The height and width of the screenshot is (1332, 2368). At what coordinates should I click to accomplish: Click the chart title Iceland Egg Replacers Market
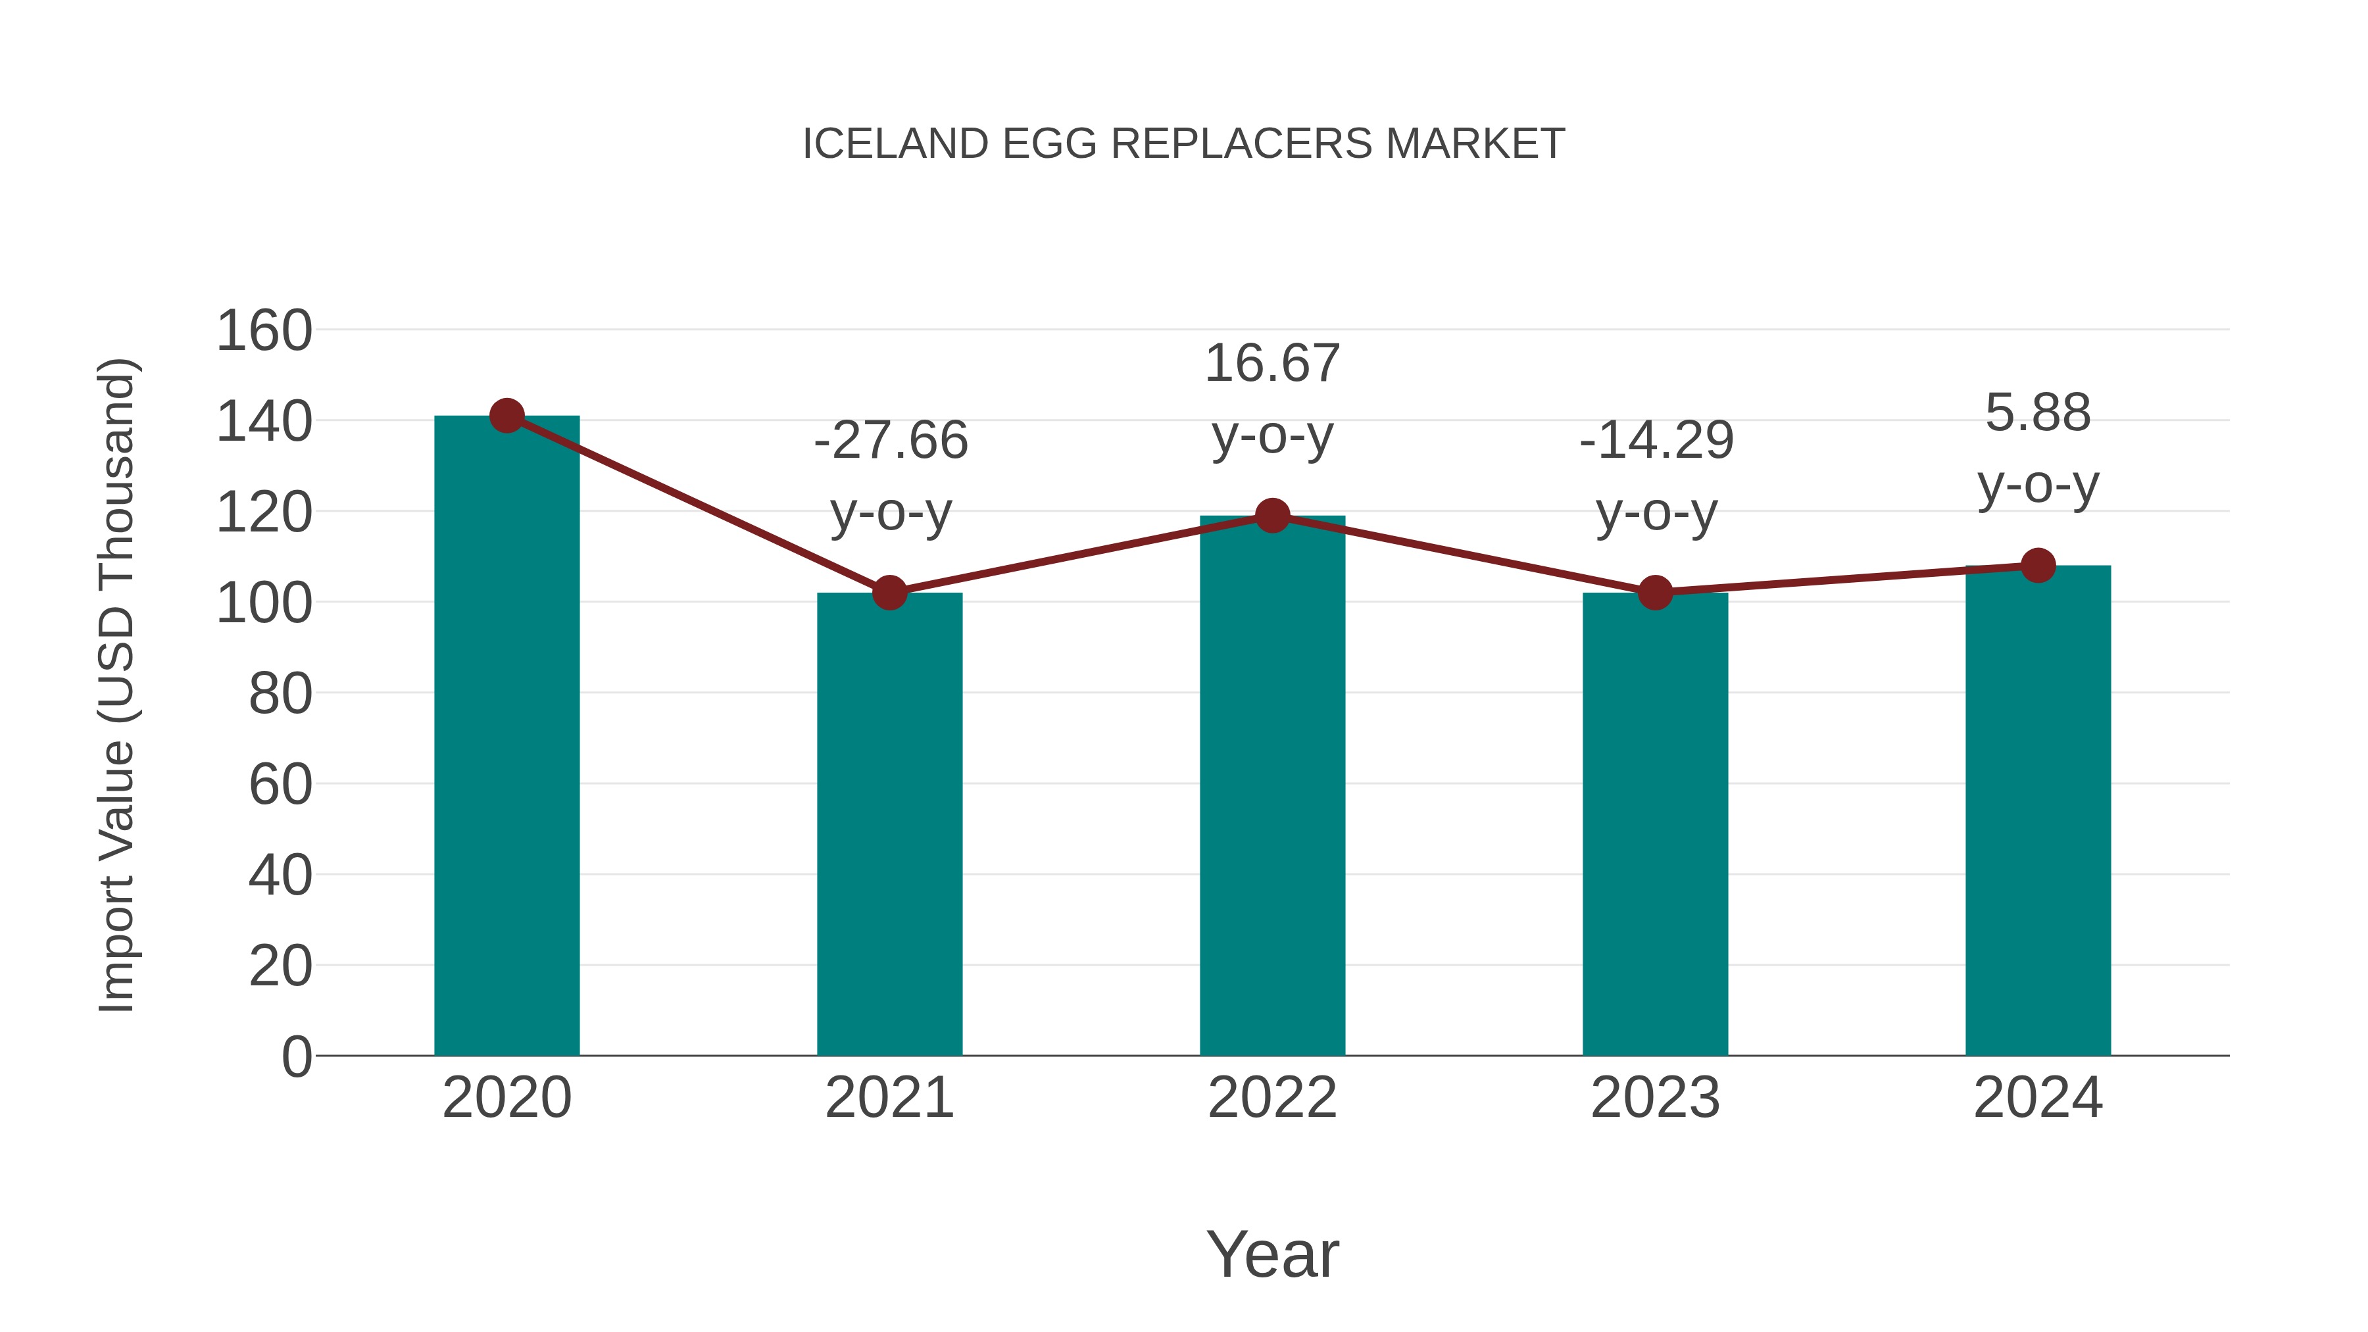(1183, 144)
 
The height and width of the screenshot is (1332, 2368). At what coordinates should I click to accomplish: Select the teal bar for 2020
(506, 735)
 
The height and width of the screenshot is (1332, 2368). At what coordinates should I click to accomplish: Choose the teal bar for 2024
(2038, 810)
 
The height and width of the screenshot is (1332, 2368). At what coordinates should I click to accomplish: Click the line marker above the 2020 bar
(506, 416)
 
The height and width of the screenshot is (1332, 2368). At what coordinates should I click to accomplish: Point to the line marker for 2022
(1272, 516)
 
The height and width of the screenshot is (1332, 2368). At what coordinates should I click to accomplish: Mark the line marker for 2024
(2038, 565)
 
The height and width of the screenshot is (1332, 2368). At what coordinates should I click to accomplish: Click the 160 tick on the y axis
(264, 331)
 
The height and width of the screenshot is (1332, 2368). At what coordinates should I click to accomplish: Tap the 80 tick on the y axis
(280, 694)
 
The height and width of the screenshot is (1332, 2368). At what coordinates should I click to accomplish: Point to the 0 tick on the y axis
(296, 1057)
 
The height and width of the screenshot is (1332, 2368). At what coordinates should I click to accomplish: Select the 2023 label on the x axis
(1655, 1098)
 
